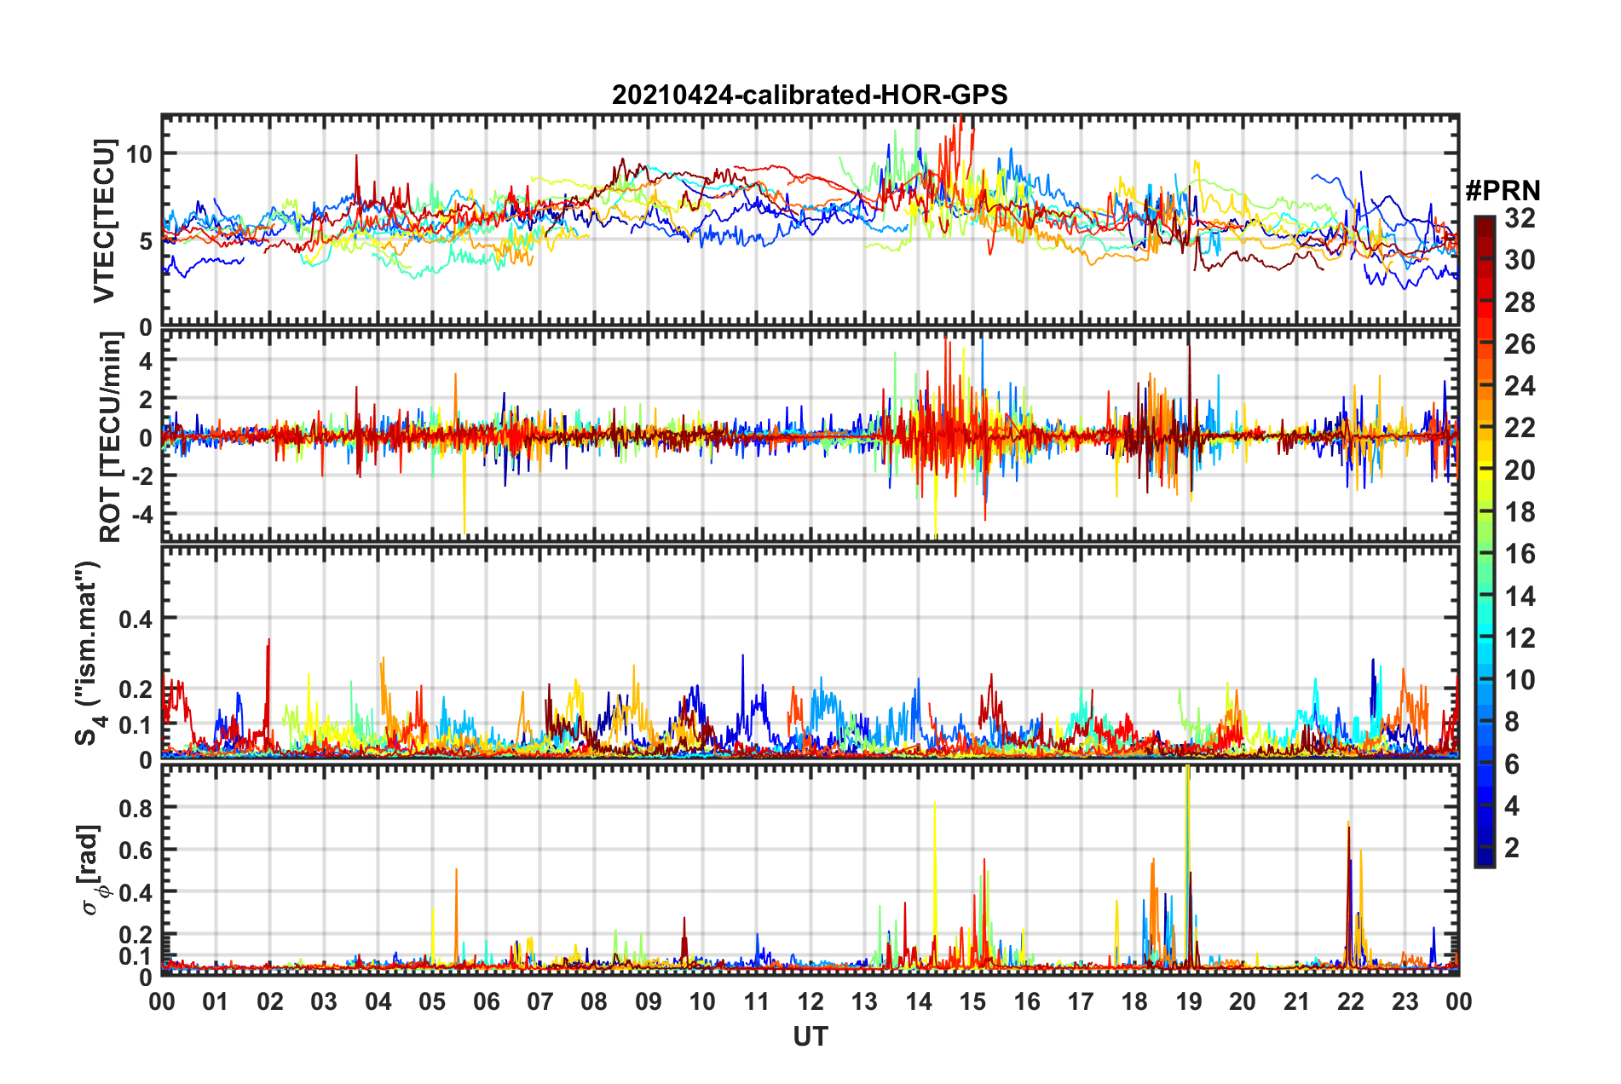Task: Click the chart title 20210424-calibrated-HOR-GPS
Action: coord(810,95)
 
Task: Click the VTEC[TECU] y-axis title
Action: coord(104,221)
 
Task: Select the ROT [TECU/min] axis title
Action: coord(111,437)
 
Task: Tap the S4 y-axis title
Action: coord(89,653)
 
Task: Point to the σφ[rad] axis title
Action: coord(90,870)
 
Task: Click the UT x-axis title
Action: coord(810,1036)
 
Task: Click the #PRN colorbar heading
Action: coord(1503,191)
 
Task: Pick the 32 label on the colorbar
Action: coord(1520,218)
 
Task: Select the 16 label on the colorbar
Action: coord(1520,554)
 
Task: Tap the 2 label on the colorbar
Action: coord(1512,847)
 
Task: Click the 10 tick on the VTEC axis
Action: coord(139,154)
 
